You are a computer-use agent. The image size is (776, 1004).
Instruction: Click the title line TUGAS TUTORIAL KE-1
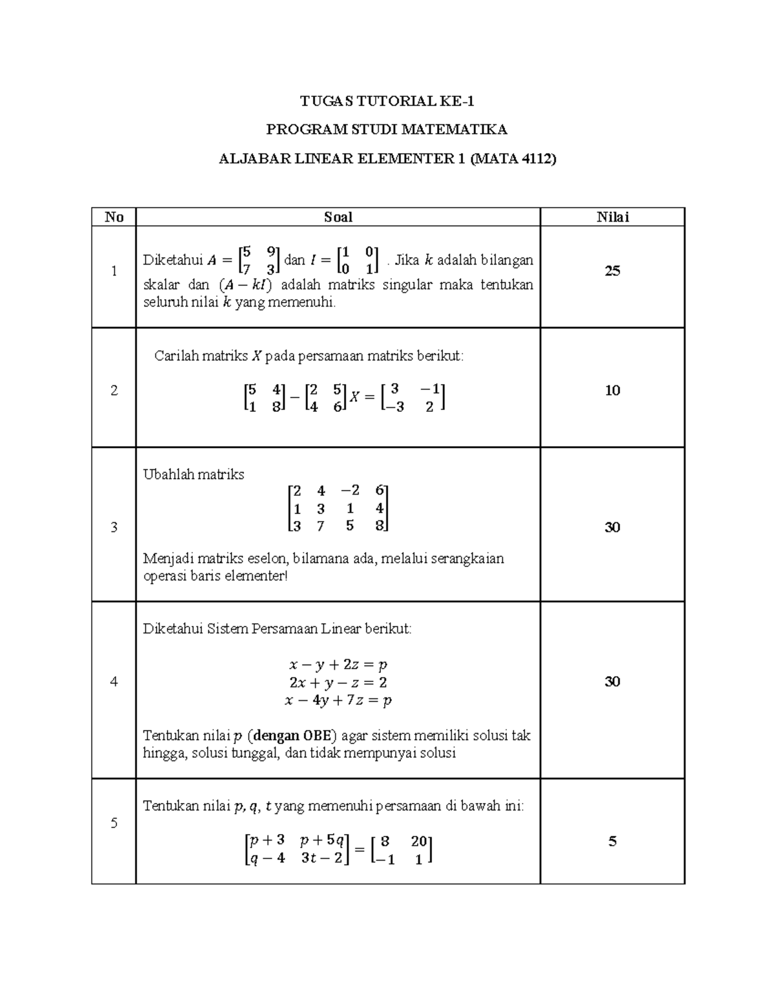coord(387,101)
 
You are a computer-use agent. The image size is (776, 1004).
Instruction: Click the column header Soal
coord(338,217)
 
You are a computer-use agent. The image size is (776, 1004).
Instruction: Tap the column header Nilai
coord(612,217)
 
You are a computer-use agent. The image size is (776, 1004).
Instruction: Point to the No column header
coord(114,217)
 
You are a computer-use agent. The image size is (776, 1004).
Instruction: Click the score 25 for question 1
coord(612,271)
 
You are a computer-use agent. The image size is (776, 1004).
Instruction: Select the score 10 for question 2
coord(612,390)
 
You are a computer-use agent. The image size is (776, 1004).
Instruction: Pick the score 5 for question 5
coord(612,841)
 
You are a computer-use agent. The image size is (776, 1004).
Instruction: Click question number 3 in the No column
coord(114,527)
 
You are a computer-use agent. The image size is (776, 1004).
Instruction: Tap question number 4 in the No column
coord(114,681)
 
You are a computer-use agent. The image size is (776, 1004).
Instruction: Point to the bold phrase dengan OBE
coord(295,735)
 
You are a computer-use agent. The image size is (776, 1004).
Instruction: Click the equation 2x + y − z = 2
coord(338,682)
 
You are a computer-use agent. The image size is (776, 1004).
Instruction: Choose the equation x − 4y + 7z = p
coord(338,700)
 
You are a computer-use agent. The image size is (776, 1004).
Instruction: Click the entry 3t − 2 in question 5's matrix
coord(321,859)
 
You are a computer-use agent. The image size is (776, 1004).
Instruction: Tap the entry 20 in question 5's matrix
coord(418,841)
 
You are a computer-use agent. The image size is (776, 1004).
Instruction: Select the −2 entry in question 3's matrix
coord(350,491)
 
